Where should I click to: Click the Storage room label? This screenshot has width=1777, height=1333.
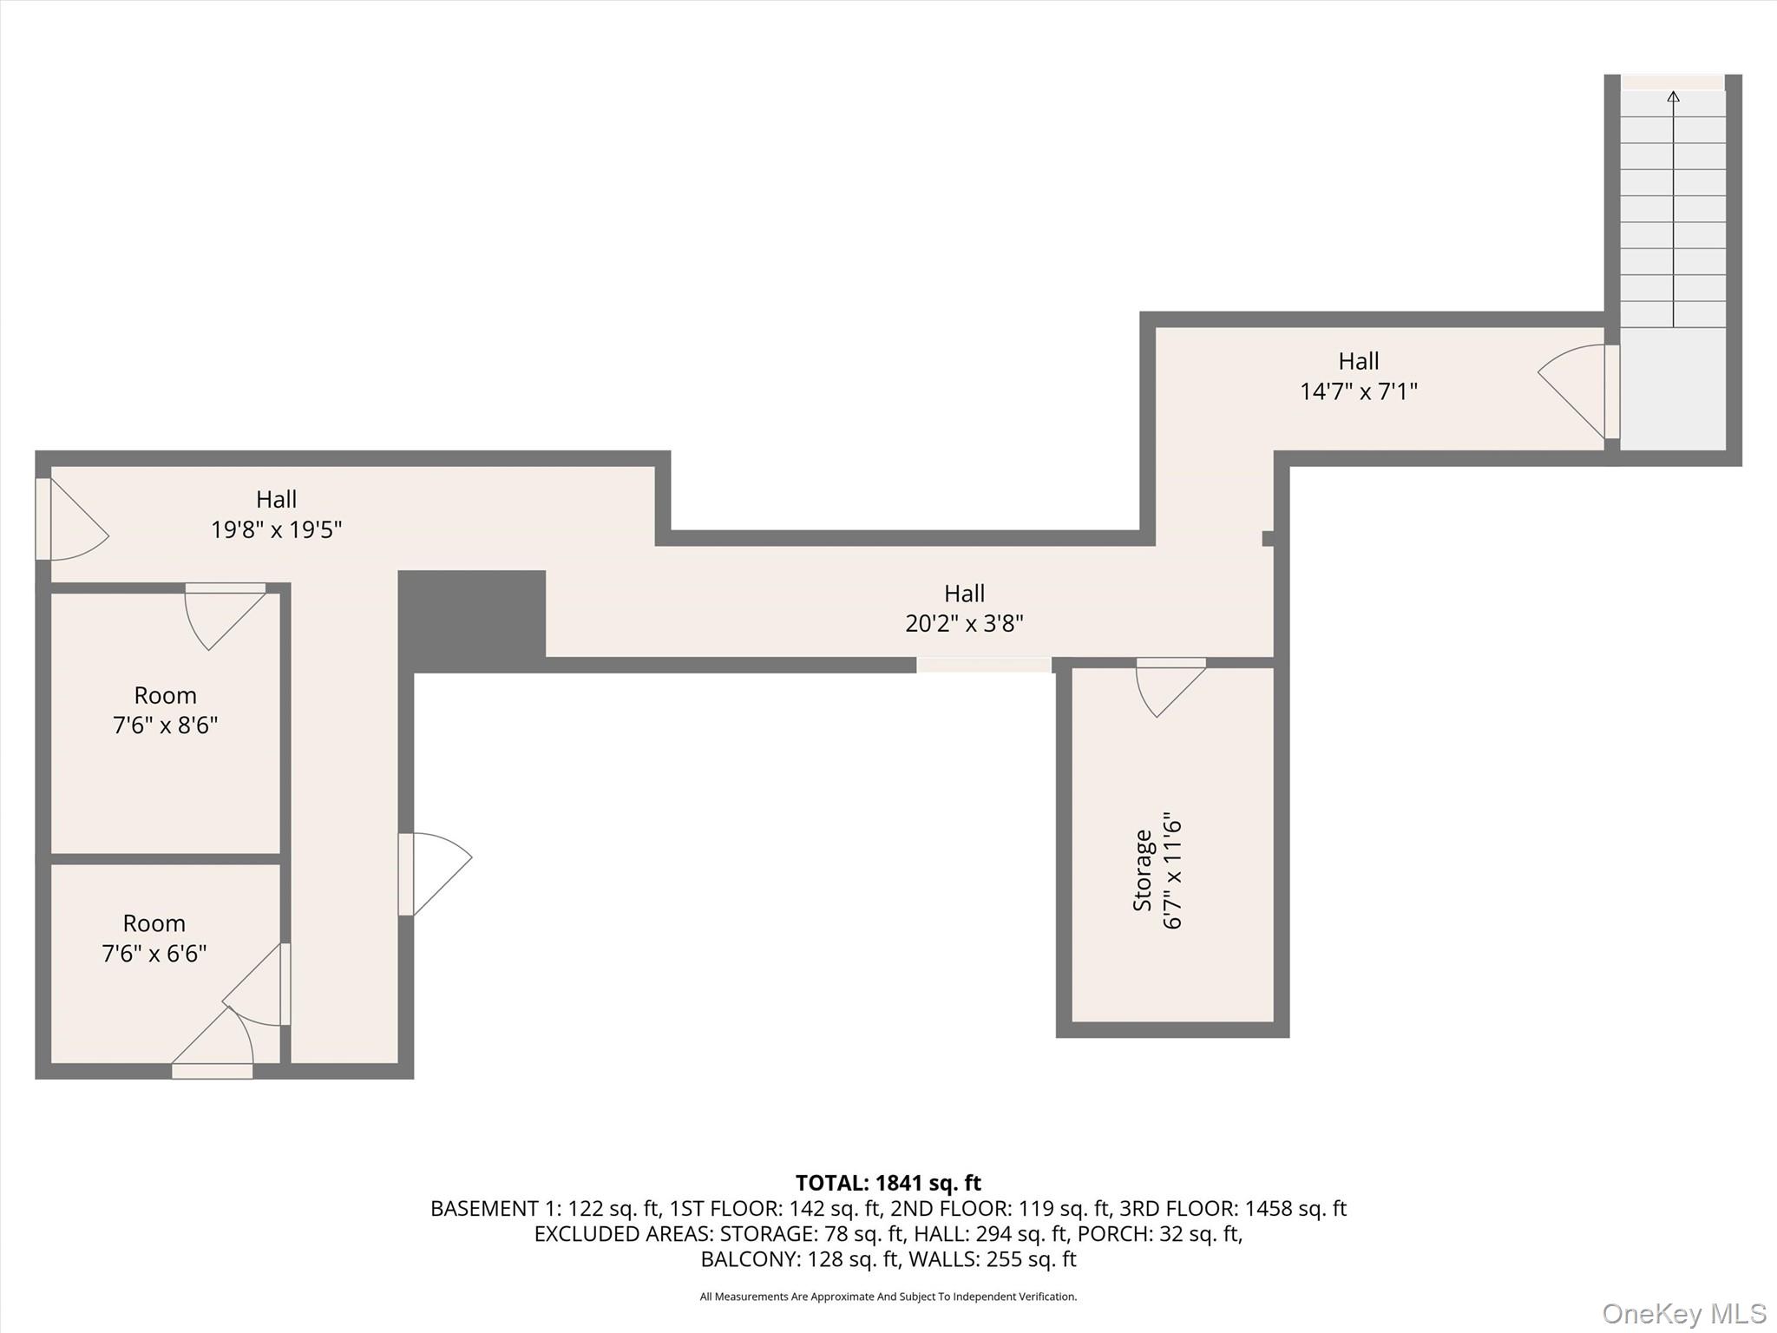(1143, 870)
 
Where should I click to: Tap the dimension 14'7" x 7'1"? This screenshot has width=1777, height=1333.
(1358, 391)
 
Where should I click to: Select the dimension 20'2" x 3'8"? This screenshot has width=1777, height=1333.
(964, 623)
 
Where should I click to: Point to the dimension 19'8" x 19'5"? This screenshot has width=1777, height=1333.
(276, 529)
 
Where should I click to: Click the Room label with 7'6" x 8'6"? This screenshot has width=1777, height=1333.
(165, 695)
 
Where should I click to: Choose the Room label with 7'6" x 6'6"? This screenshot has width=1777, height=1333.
(154, 923)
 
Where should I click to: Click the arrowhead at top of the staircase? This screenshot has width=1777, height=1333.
(1673, 96)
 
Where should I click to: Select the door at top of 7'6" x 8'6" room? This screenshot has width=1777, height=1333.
(225, 613)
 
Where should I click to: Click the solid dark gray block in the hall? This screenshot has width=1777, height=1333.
(472, 619)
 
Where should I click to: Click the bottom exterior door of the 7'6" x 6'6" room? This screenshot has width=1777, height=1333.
(213, 1051)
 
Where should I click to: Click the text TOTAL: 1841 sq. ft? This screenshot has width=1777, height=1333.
(888, 1183)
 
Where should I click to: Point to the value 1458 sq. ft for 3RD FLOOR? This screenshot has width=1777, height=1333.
(1295, 1208)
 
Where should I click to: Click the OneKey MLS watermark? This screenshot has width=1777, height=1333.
(1683, 1313)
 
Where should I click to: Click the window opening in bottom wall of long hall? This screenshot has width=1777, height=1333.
(984, 665)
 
